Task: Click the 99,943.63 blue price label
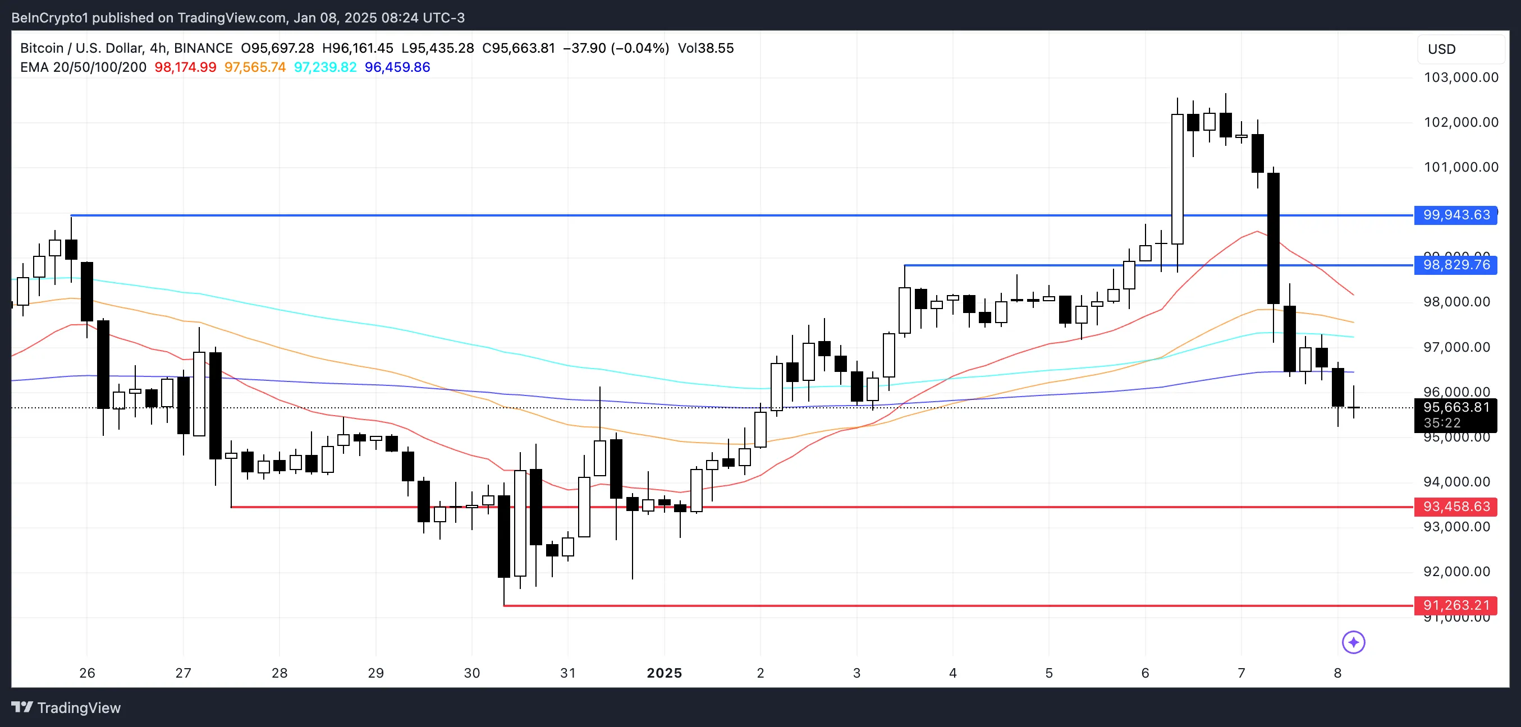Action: [1456, 215]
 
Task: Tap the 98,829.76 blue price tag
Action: [1456, 265]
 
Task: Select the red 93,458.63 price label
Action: [1456, 507]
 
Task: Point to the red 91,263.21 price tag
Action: [1456, 605]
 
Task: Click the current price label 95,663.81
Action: [1456, 408]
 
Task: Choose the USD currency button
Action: [1441, 49]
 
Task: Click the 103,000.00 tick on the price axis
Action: [1461, 77]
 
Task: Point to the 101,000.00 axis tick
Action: [1461, 167]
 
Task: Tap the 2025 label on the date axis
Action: [665, 673]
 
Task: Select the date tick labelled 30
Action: [472, 673]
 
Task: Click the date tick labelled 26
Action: [88, 673]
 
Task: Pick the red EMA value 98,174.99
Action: [185, 67]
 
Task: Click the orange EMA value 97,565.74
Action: [255, 67]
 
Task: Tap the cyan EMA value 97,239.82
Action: [326, 67]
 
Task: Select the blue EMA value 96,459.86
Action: [397, 67]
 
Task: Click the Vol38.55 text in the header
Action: [705, 48]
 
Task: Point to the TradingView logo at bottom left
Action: [66, 707]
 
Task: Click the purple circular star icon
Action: [1353, 642]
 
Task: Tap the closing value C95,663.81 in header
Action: [519, 48]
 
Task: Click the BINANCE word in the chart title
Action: [203, 48]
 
